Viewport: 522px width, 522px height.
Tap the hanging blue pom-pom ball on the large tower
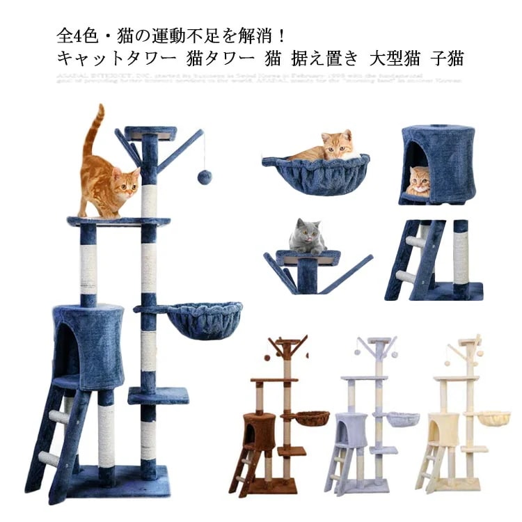pos(204,177)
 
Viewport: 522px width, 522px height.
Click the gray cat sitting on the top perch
pos(307,237)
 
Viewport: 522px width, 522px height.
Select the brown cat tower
pos(282,418)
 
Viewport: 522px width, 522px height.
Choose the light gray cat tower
pos(372,418)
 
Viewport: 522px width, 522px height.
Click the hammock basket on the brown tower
pos(310,418)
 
